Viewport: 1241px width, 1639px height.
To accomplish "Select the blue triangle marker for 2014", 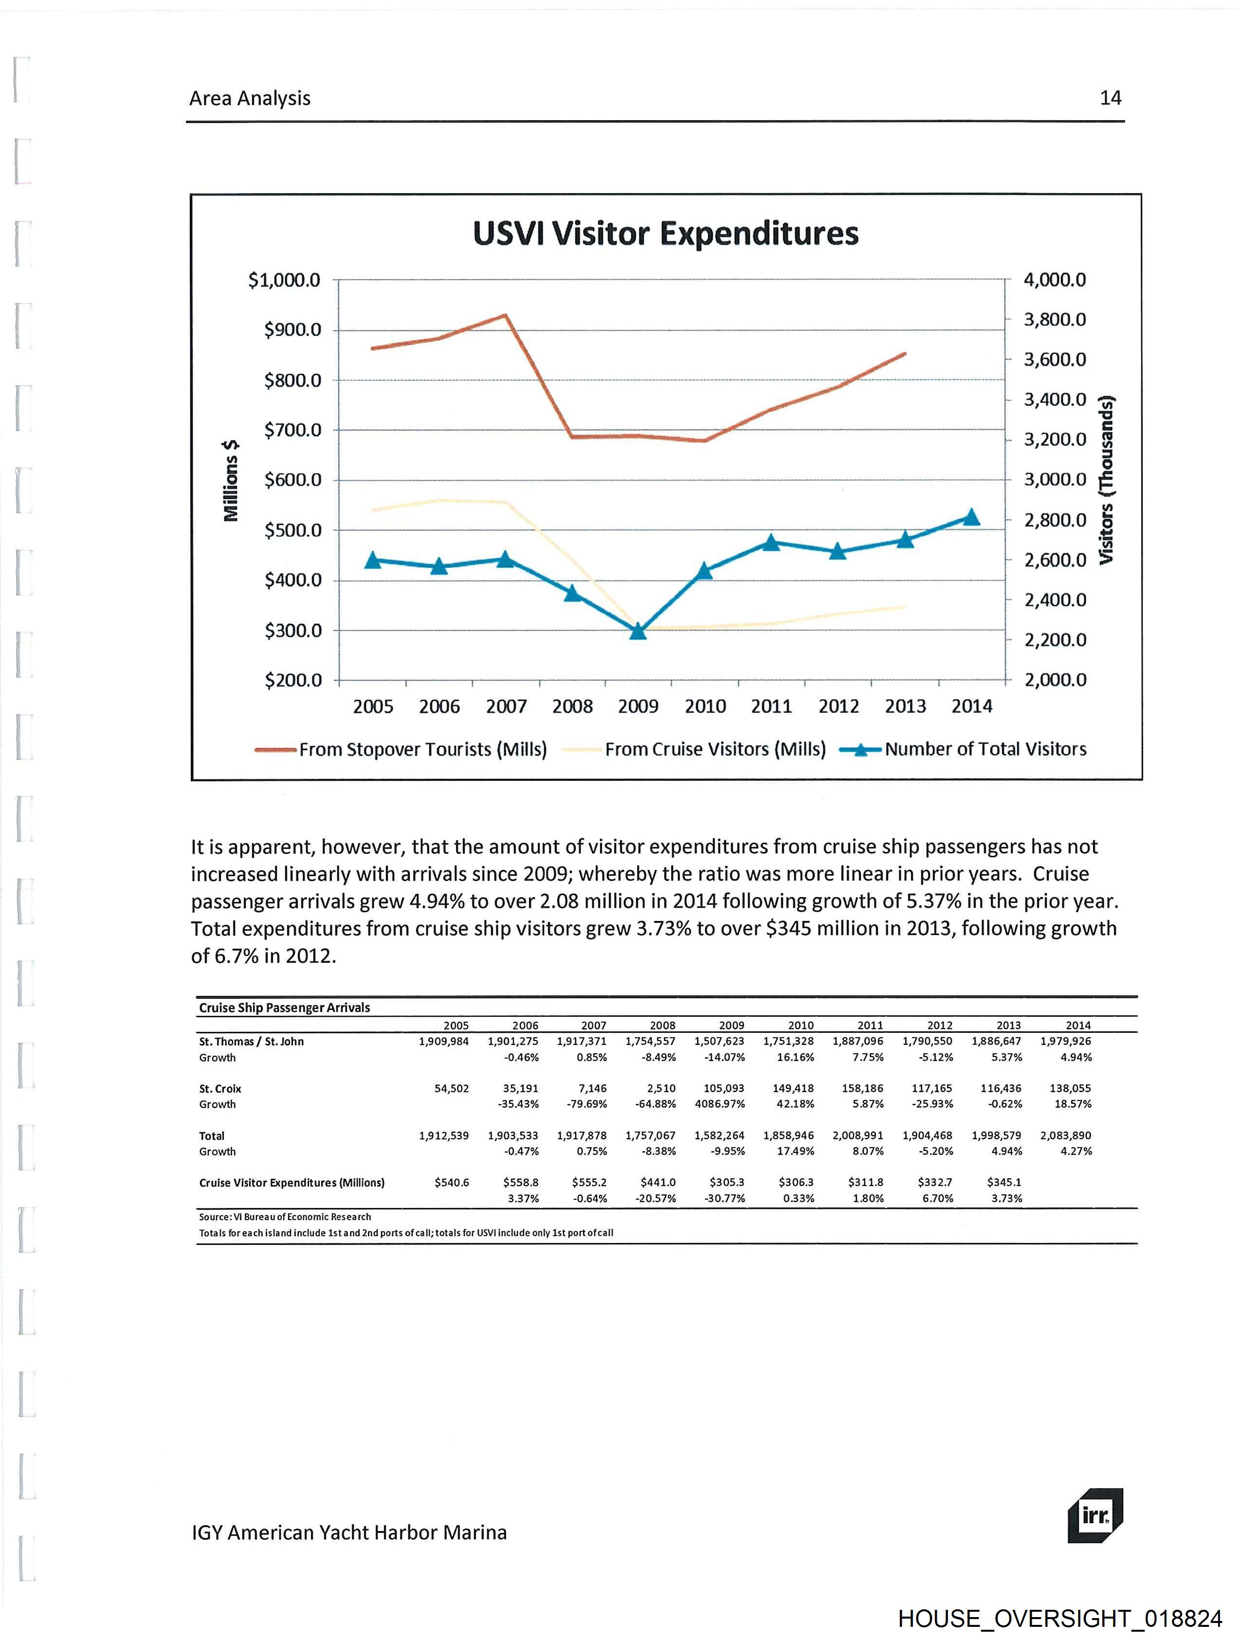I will pos(971,517).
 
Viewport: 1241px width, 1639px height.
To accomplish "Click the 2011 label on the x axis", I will pos(771,706).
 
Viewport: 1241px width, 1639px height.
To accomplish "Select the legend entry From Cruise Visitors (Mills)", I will pos(714,749).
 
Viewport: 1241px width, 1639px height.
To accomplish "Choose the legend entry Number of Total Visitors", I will pos(985,749).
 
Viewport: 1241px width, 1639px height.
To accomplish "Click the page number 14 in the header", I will pos(1110,98).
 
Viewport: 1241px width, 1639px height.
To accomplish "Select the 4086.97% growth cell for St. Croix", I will pos(719,1104).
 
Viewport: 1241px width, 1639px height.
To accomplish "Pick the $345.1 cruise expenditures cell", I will pos(1004,1183).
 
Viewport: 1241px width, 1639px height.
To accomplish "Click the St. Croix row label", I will pos(220,1088).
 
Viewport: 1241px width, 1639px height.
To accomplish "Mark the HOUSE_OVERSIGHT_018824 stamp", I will pos(1059,1618).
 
